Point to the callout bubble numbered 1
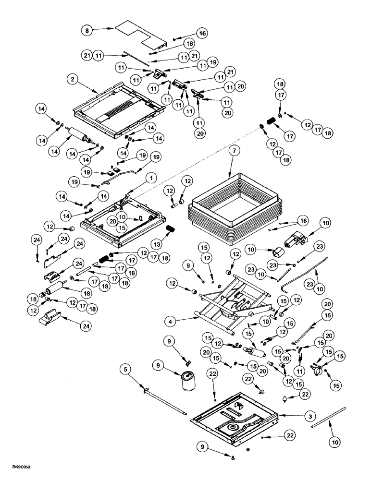(x=150, y=178)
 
